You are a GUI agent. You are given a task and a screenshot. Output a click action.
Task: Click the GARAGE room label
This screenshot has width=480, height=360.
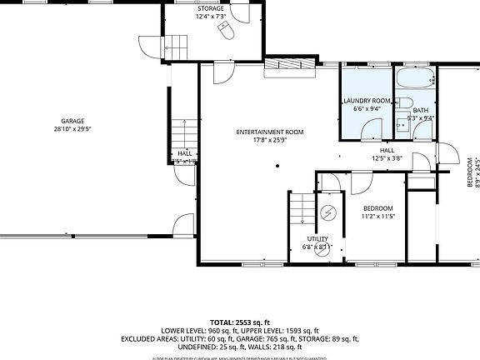pyautogui.click(x=72, y=121)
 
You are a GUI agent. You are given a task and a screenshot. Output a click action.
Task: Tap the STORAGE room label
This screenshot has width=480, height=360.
pyautogui.click(x=210, y=8)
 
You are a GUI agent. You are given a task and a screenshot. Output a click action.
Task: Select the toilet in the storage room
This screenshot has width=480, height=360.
pyautogui.click(x=226, y=30)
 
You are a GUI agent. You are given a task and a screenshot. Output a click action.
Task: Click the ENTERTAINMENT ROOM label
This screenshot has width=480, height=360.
pyautogui.click(x=269, y=132)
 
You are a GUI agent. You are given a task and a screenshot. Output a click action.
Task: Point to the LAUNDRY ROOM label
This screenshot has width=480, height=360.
pyautogui.click(x=367, y=101)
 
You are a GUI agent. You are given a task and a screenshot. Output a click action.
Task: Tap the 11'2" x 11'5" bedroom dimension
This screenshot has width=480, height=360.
pyautogui.click(x=377, y=217)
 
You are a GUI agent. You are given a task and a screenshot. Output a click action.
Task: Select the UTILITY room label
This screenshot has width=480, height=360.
pyautogui.click(x=317, y=239)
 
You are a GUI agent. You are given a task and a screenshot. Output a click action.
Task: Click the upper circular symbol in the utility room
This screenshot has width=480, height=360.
pyautogui.click(x=328, y=212)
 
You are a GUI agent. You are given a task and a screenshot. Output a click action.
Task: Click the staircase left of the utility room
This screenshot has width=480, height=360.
pyautogui.click(x=302, y=207)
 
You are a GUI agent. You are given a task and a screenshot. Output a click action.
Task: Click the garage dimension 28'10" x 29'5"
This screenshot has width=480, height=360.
pyautogui.click(x=72, y=129)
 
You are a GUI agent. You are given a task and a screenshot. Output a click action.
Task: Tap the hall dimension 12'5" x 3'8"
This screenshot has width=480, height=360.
pyautogui.click(x=387, y=158)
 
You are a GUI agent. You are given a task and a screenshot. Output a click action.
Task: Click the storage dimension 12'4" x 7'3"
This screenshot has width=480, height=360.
pyautogui.click(x=210, y=17)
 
